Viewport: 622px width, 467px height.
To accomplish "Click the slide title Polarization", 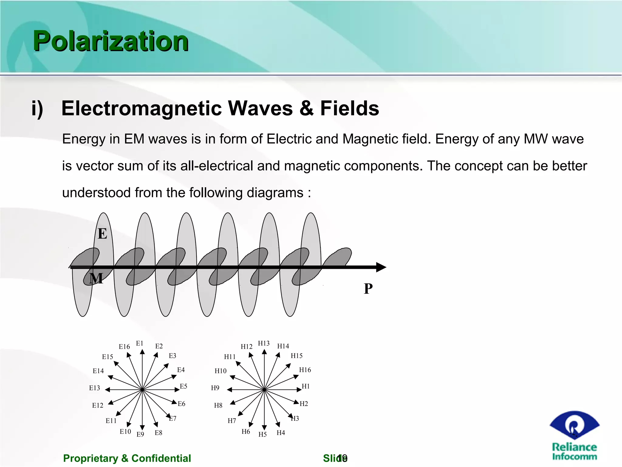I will click(x=111, y=41).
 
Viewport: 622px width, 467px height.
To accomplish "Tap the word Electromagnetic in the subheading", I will click(x=142, y=109).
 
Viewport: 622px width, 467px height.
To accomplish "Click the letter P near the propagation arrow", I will click(x=368, y=289).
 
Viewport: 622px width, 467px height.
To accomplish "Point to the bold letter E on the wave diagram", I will click(x=102, y=234).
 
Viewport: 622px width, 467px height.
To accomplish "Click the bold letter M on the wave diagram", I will click(x=96, y=278).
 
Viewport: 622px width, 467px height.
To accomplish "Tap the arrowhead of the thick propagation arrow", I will click(x=381, y=267).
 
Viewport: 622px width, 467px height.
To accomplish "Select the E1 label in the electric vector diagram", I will click(x=139, y=343).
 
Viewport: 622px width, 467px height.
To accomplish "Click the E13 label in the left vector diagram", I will click(x=94, y=388).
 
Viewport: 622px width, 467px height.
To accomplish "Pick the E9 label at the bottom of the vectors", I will click(x=140, y=434).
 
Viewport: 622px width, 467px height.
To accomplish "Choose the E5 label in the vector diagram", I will click(x=183, y=386).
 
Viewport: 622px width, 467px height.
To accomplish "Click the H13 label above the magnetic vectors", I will click(x=264, y=343).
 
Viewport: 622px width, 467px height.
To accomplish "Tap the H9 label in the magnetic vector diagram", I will click(x=215, y=388).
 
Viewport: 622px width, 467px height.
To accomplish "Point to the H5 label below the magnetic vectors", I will click(x=262, y=434).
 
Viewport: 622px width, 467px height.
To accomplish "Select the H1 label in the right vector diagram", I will click(x=306, y=386).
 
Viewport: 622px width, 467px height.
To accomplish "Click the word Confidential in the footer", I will click(x=161, y=458).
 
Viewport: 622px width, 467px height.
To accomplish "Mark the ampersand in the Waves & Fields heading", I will click(x=306, y=109).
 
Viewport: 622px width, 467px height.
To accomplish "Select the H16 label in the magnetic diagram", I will click(x=305, y=370).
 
